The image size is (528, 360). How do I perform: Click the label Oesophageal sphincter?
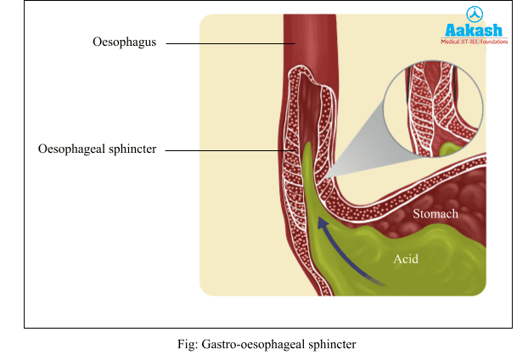98,149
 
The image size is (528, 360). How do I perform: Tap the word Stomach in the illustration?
435,214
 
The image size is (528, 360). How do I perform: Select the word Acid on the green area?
406,258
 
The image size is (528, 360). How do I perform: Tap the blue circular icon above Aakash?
474,13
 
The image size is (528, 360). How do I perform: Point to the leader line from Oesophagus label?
229,42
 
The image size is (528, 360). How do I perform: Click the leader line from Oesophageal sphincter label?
225,151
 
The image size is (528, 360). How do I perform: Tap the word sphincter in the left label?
134,149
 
